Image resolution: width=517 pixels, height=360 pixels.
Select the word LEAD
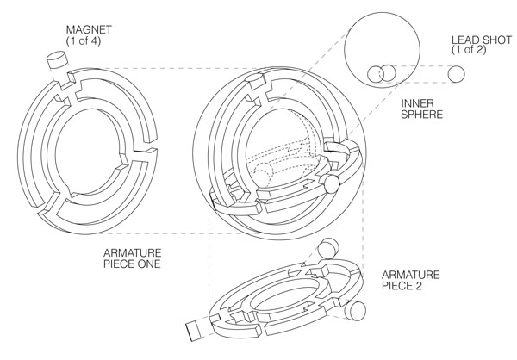467,40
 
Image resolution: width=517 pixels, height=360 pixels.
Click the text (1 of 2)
481,52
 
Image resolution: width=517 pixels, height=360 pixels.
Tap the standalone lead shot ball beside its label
455,76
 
